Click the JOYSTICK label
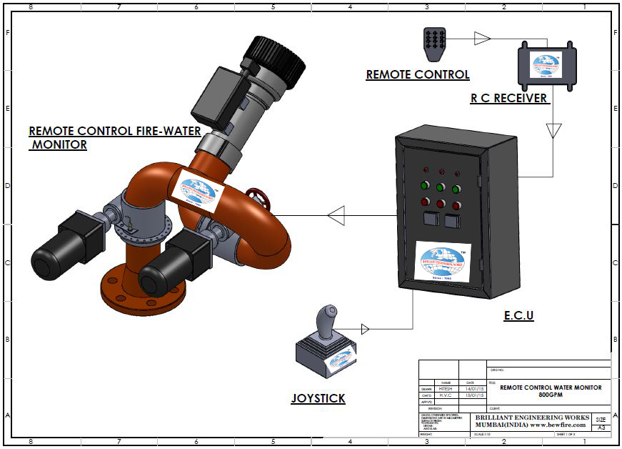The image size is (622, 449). [x=318, y=398]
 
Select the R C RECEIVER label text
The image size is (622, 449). [x=508, y=98]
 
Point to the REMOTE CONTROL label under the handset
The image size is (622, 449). [x=418, y=74]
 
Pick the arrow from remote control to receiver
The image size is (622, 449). [x=482, y=38]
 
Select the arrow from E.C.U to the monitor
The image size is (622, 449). [x=336, y=215]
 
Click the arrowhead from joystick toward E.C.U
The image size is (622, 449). [x=365, y=329]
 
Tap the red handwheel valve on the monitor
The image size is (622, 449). [x=256, y=199]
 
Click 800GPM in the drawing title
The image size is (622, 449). [x=551, y=394]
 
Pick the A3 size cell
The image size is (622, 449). [x=601, y=427]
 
